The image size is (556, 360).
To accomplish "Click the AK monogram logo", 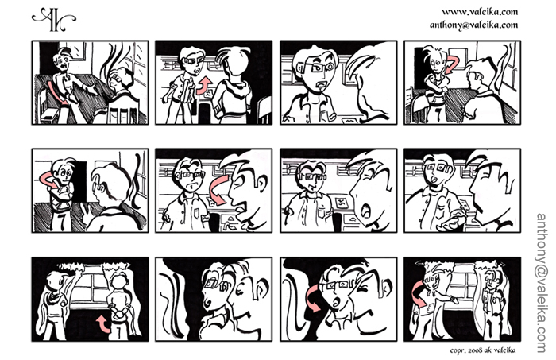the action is point(53,20).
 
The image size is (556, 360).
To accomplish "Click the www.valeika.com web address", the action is point(480,12).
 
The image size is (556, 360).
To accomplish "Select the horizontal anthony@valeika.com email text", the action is point(473,25).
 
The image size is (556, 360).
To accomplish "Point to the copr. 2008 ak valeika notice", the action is point(483,350).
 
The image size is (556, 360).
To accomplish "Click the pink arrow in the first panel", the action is point(56,92).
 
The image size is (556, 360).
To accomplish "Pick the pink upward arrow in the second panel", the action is point(205,86).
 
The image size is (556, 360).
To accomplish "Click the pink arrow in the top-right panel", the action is point(451,64).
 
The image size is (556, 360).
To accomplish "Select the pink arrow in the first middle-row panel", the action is point(48,180).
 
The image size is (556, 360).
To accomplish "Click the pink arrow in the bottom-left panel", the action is point(103,324).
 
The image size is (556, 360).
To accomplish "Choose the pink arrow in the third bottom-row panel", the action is point(311,298).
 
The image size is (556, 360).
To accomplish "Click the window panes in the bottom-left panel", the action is point(91,287).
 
